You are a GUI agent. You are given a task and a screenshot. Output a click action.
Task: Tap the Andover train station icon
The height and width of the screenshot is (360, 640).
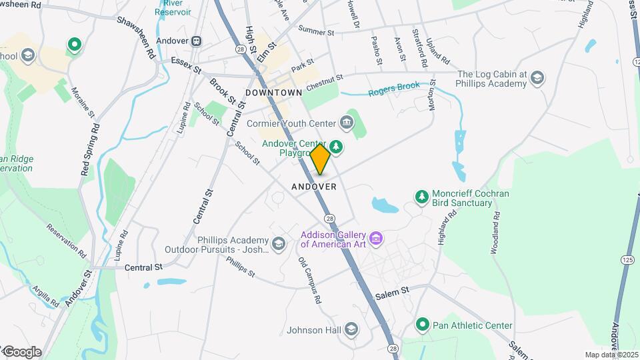pyautogui.click(x=197, y=41)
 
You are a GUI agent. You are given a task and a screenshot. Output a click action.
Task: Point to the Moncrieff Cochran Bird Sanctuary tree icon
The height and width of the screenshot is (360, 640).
pyautogui.click(x=421, y=197)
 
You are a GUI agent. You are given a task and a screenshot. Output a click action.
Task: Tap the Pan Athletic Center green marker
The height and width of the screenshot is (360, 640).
pyautogui.click(x=421, y=325)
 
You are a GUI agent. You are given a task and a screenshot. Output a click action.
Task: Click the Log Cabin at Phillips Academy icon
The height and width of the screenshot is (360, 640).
pyautogui.click(x=537, y=79)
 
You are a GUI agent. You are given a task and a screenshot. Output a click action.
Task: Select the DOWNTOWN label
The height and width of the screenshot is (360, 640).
pyautogui.click(x=274, y=92)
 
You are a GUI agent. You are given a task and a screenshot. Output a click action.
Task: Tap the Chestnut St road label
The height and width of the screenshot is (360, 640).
pyautogui.click(x=325, y=84)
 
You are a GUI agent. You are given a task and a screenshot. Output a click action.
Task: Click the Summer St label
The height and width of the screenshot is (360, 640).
pyautogui.click(x=316, y=31)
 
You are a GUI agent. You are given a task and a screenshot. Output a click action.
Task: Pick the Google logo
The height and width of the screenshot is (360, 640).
pyautogui.click(x=22, y=352)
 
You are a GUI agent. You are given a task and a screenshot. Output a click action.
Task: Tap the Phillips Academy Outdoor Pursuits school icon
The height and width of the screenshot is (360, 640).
pyautogui.click(x=278, y=243)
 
